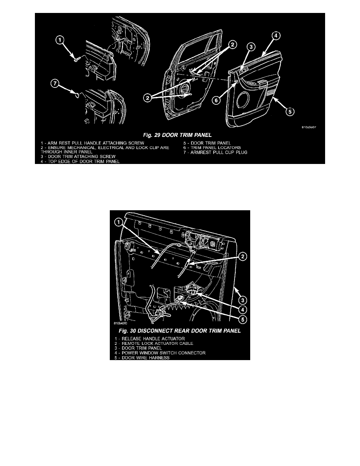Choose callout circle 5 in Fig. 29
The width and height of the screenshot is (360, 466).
[289, 111]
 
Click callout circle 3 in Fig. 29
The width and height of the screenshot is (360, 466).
[251, 47]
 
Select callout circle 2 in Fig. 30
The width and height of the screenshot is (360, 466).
[242, 257]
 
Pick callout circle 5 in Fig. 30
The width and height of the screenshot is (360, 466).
[242, 319]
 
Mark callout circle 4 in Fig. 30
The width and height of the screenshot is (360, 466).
[242, 309]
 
